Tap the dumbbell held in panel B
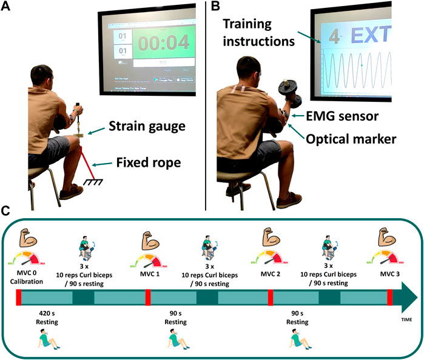pyautogui.click(x=284, y=93)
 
